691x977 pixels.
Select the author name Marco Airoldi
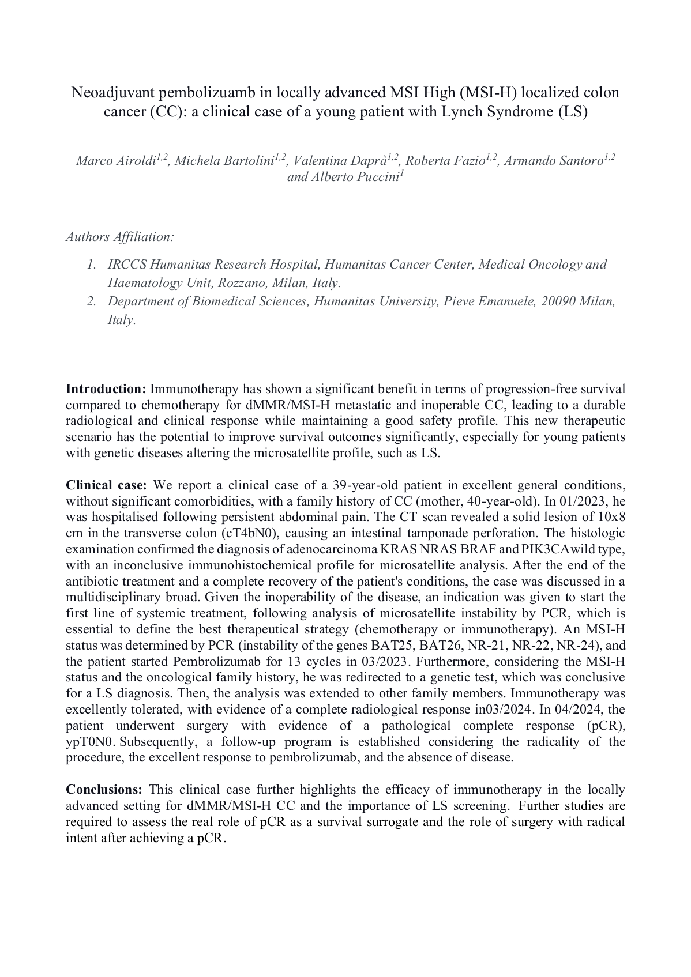pyautogui.click(x=115, y=161)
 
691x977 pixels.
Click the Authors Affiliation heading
pyautogui.click(x=120, y=237)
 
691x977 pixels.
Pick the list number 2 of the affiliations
pyautogui.click(x=91, y=301)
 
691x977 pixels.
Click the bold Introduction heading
pyautogui.click(x=106, y=389)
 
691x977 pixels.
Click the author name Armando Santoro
pyautogui.click(x=553, y=161)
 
